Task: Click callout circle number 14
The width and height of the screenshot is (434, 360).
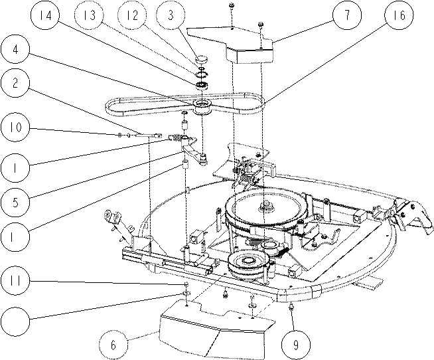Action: [x=45, y=15]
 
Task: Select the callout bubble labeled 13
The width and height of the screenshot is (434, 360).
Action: [x=89, y=15]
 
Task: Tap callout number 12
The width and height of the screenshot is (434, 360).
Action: [x=132, y=15]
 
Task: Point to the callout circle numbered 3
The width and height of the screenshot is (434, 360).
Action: [x=171, y=15]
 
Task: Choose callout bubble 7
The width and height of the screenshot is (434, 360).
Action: [x=347, y=15]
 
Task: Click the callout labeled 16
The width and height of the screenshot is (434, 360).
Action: [x=399, y=15]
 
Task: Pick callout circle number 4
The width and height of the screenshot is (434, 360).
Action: [x=15, y=50]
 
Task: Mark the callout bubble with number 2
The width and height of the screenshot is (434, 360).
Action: [x=15, y=83]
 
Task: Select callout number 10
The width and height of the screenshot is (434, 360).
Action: [x=15, y=128]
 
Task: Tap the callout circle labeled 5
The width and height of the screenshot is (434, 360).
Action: [x=15, y=202]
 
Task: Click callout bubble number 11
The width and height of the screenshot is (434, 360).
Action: [x=15, y=281]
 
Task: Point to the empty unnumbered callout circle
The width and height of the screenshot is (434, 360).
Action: [x=15, y=321]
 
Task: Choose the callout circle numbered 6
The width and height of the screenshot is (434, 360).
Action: [x=113, y=345]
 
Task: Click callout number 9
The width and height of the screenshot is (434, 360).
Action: [x=296, y=345]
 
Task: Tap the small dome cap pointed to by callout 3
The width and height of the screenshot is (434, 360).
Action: [x=202, y=58]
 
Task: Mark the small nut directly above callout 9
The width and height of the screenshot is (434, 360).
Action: [x=291, y=307]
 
